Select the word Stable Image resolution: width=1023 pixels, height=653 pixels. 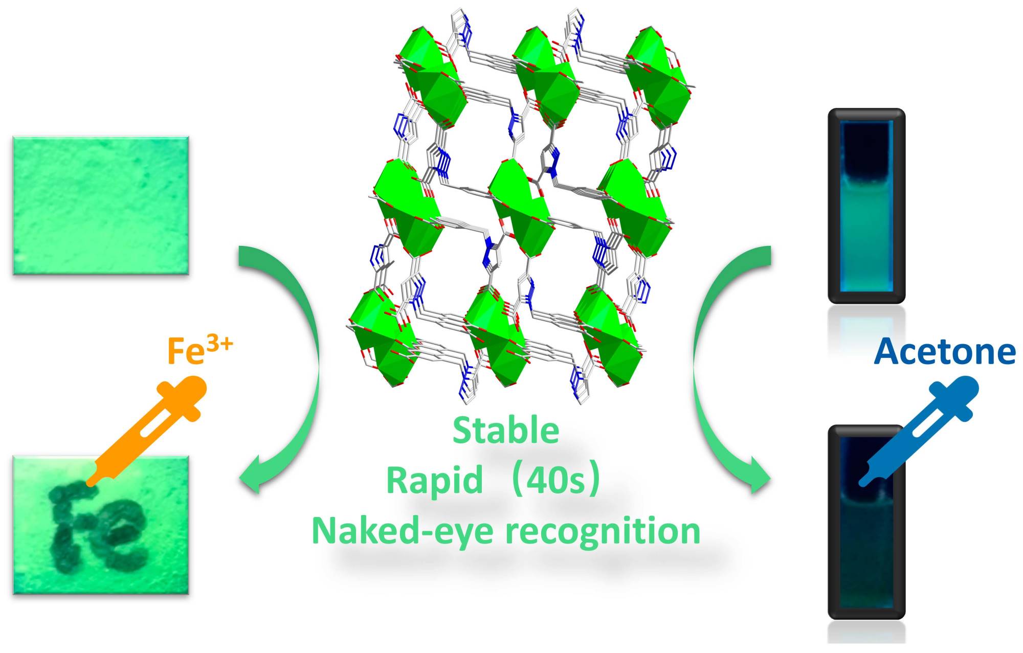(x=506, y=431)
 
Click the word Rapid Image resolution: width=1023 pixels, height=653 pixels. (x=434, y=481)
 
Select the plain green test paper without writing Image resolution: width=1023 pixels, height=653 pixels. (x=101, y=206)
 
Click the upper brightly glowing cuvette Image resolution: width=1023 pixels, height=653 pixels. (x=866, y=206)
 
